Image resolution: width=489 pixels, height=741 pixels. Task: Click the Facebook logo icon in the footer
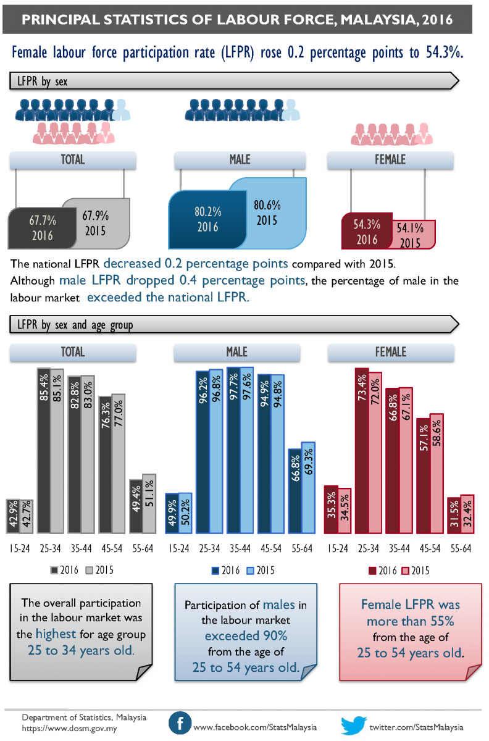(x=180, y=723)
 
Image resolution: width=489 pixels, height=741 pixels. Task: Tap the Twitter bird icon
(x=354, y=724)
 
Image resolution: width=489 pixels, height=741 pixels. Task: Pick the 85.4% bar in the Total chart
(x=44, y=451)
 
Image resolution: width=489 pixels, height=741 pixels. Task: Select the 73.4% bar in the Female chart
(x=362, y=451)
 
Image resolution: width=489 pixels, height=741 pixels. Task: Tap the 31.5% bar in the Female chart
(x=454, y=515)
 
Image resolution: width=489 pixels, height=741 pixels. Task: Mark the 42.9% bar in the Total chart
(x=13, y=516)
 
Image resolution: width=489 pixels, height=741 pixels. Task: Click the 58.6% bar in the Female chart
(x=437, y=473)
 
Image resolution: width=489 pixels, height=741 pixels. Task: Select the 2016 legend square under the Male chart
(x=215, y=570)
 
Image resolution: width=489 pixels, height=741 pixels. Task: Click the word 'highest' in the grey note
(x=56, y=633)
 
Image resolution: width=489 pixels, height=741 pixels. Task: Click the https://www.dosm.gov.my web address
(x=69, y=729)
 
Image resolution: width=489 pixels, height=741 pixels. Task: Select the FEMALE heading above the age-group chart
(x=390, y=352)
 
